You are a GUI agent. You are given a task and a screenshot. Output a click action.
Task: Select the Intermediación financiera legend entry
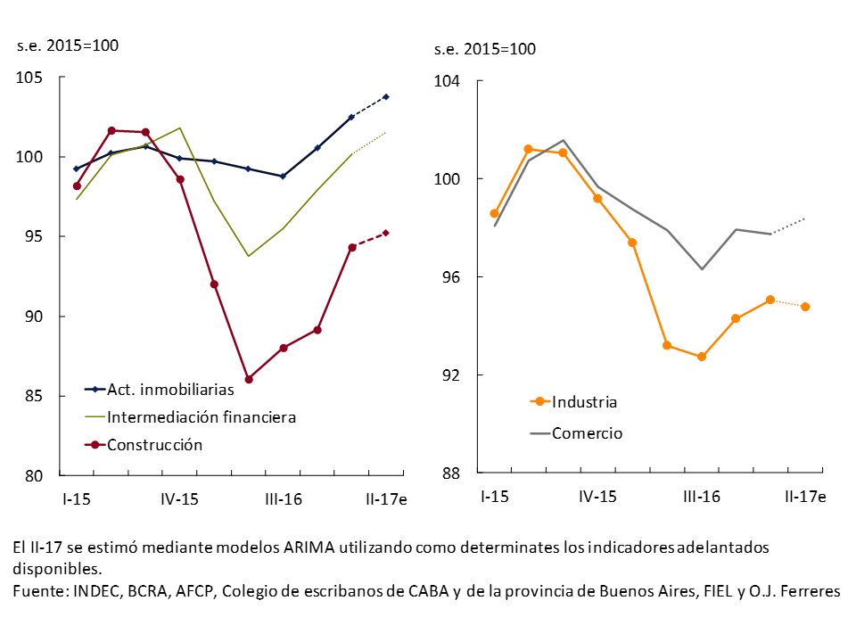(202, 416)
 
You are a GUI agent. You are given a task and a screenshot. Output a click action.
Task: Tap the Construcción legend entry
(155, 444)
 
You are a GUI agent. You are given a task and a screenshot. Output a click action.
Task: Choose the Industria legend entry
(584, 401)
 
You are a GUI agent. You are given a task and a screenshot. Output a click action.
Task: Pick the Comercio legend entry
(587, 433)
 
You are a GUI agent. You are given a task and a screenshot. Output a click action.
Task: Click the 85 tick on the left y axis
(35, 396)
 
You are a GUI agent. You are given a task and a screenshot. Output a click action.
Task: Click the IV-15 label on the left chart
(179, 499)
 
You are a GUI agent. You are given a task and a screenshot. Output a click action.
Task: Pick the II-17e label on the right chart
(805, 496)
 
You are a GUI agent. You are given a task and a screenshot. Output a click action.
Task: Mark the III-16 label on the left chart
(283, 499)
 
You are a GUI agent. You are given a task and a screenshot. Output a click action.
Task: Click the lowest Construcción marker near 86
(249, 379)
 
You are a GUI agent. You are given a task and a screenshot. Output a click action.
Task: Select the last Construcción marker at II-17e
(386, 233)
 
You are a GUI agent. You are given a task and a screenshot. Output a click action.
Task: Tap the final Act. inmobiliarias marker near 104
(386, 96)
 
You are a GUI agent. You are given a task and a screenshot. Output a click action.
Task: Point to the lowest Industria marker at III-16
(702, 357)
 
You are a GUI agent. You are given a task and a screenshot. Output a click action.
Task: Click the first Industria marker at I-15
(494, 213)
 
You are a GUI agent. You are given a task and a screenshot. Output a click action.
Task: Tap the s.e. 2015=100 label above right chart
(485, 49)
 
